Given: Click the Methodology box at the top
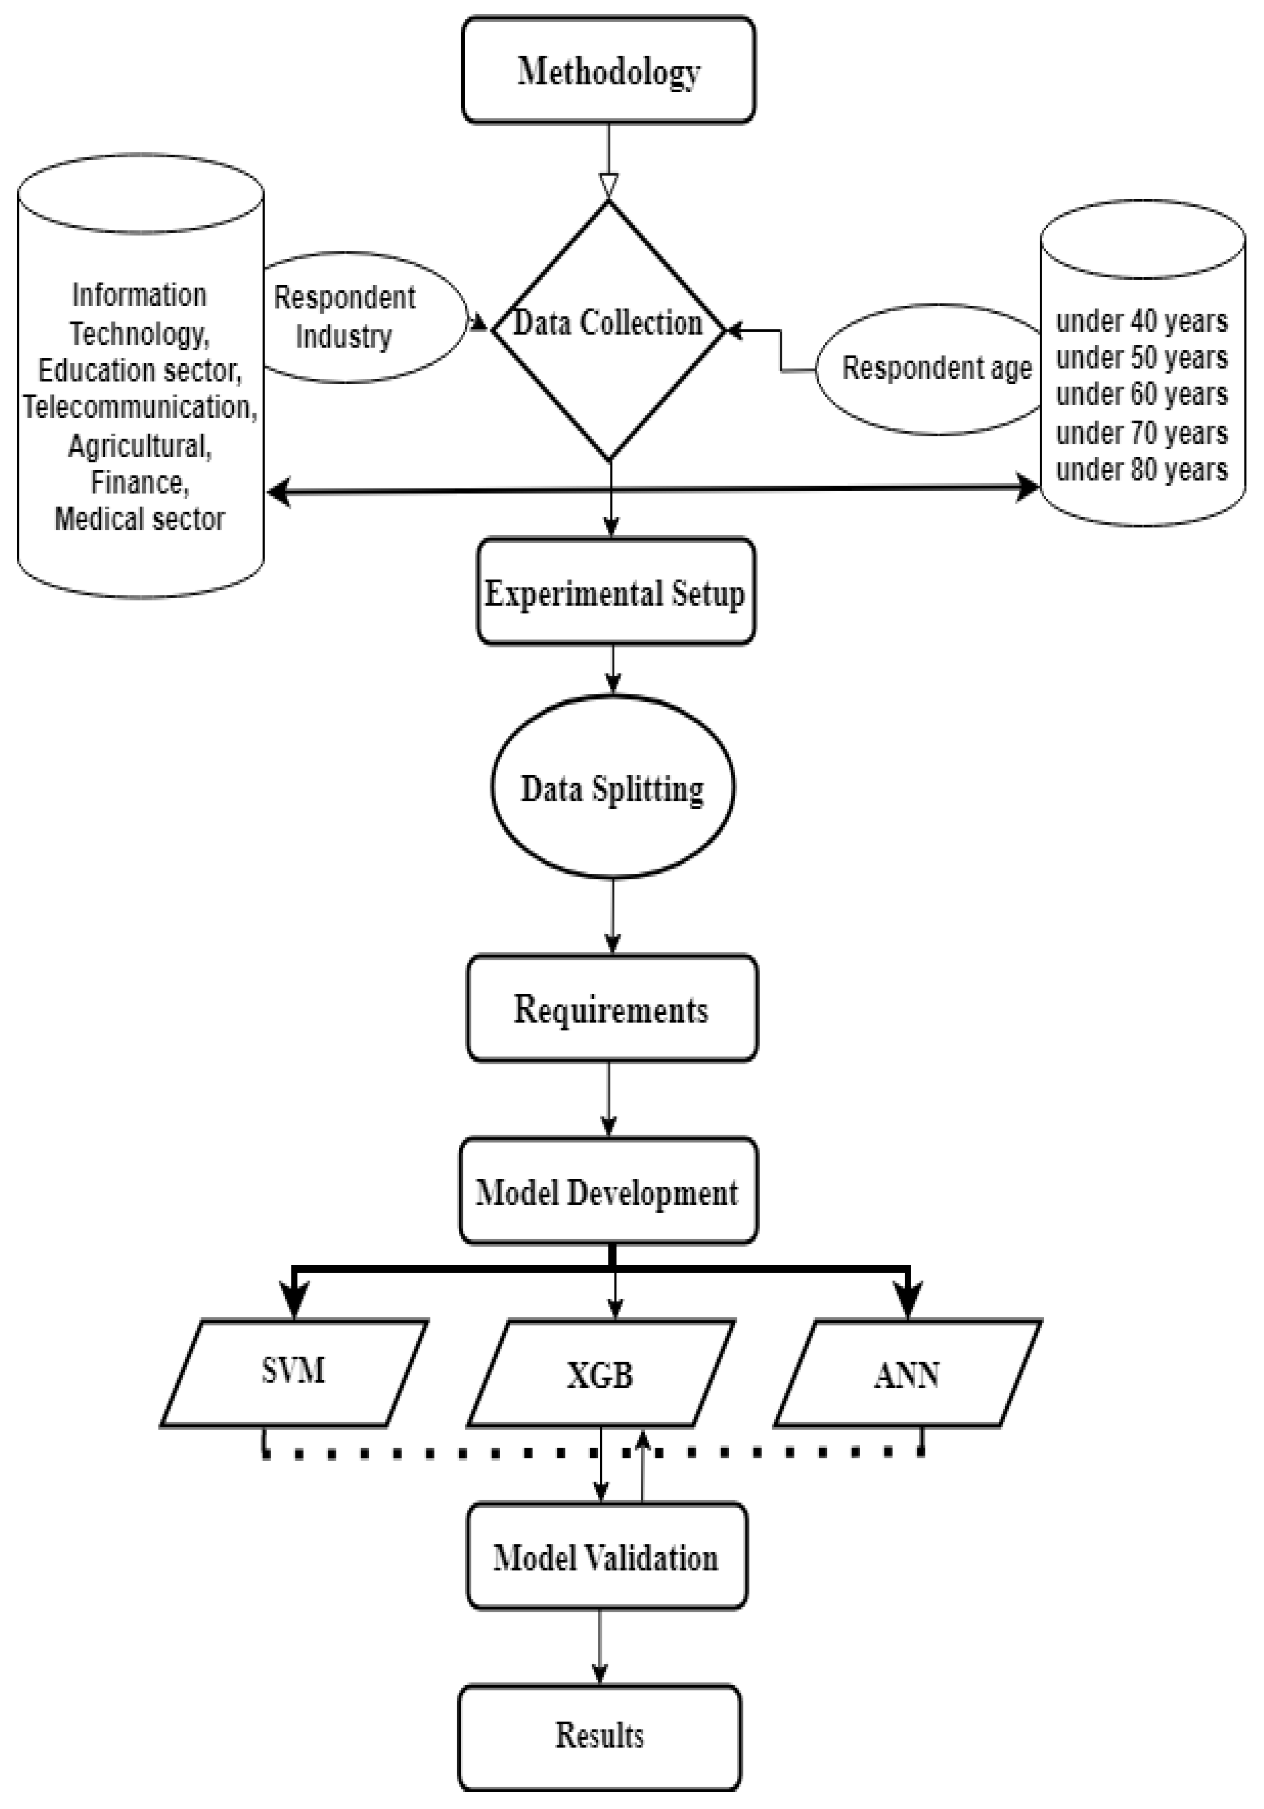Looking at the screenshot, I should (x=608, y=71).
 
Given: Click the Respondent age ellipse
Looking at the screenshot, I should (x=929, y=368).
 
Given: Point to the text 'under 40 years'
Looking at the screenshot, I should (x=1141, y=321).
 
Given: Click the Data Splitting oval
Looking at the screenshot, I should (x=612, y=788).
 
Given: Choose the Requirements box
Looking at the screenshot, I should (x=611, y=1009).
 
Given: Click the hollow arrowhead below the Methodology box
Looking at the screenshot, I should (x=608, y=186).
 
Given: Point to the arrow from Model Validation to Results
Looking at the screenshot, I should (x=599, y=1647).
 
